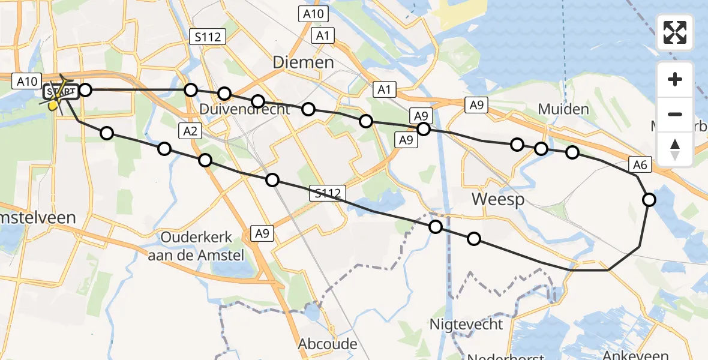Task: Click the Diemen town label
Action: click(x=303, y=62)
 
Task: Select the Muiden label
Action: click(x=563, y=110)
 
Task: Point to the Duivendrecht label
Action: click(x=245, y=110)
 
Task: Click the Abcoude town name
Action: click(x=328, y=344)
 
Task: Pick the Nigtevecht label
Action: click(x=466, y=325)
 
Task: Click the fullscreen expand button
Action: click(x=675, y=32)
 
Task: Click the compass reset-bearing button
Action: click(x=675, y=149)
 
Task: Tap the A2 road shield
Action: click(x=190, y=131)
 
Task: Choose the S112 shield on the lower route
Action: click(x=329, y=193)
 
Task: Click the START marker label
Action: click(x=61, y=92)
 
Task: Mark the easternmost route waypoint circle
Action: click(x=649, y=200)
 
